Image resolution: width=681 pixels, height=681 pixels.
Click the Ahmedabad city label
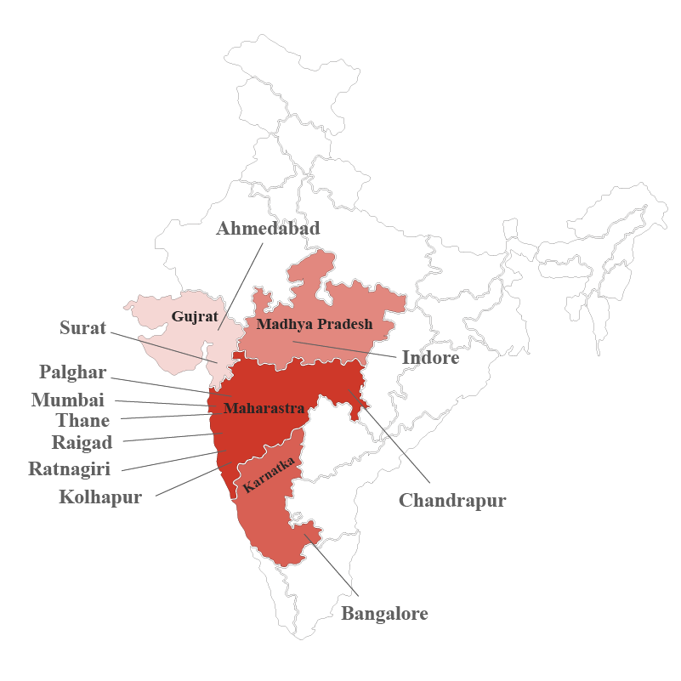point(268,229)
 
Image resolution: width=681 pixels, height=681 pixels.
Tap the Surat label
point(82,328)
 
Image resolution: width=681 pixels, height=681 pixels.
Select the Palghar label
point(73,372)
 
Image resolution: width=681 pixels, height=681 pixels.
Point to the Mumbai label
point(68,400)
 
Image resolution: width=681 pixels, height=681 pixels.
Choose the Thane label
point(82,420)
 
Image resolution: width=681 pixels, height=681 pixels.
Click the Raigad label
point(82,443)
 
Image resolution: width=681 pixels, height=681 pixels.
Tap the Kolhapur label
point(100,497)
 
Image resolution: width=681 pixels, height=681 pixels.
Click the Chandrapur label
point(452,500)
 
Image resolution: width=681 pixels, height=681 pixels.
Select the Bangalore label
point(384,613)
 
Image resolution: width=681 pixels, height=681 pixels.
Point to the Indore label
point(430,358)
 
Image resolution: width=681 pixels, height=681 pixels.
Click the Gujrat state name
point(190,316)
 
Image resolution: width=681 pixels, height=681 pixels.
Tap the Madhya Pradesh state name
point(315,324)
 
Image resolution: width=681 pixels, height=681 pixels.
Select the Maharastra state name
point(264,408)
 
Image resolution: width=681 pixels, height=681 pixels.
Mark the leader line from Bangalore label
point(333,565)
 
